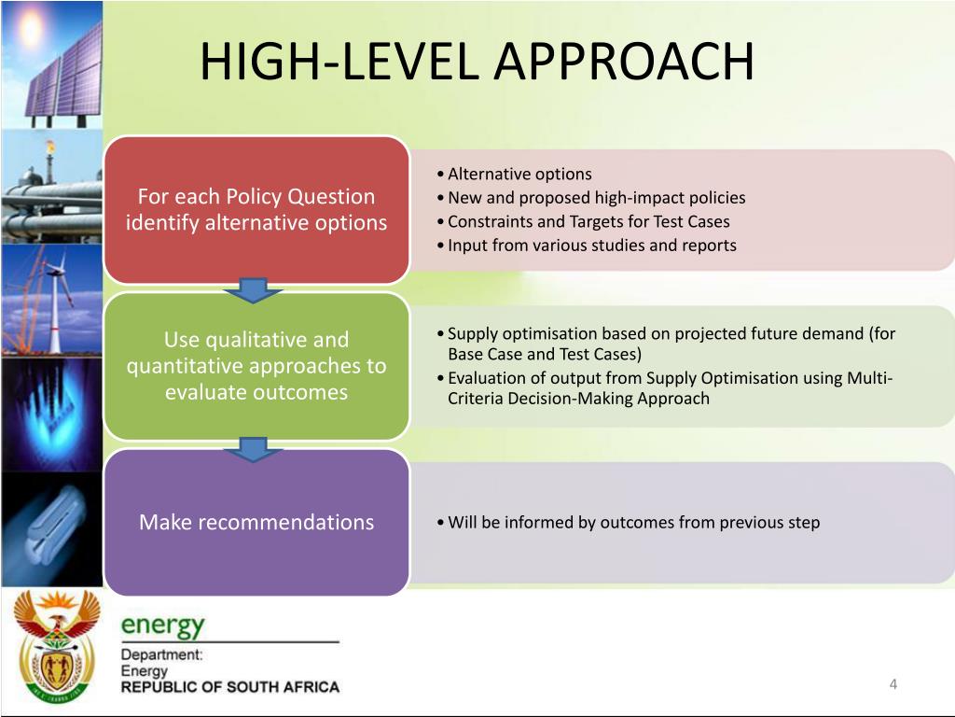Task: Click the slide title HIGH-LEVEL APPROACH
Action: [477, 63]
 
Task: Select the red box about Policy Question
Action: [256, 210]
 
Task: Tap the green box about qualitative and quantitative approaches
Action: [256, 366]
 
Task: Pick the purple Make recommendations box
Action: [256, 523]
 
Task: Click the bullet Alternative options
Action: [519, 174]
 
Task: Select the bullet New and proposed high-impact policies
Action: [596, 198]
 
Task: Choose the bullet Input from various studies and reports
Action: [591, 246]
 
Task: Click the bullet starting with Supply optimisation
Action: [670, 344]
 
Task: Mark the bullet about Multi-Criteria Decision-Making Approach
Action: [670, 388]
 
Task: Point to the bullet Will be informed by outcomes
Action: [633, 523]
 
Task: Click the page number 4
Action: [893, 684]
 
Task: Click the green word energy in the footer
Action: [162, 624]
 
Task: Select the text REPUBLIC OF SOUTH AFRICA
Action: [229, 687]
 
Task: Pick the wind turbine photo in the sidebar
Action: [51, 299]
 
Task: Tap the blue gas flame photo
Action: [51, 411]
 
